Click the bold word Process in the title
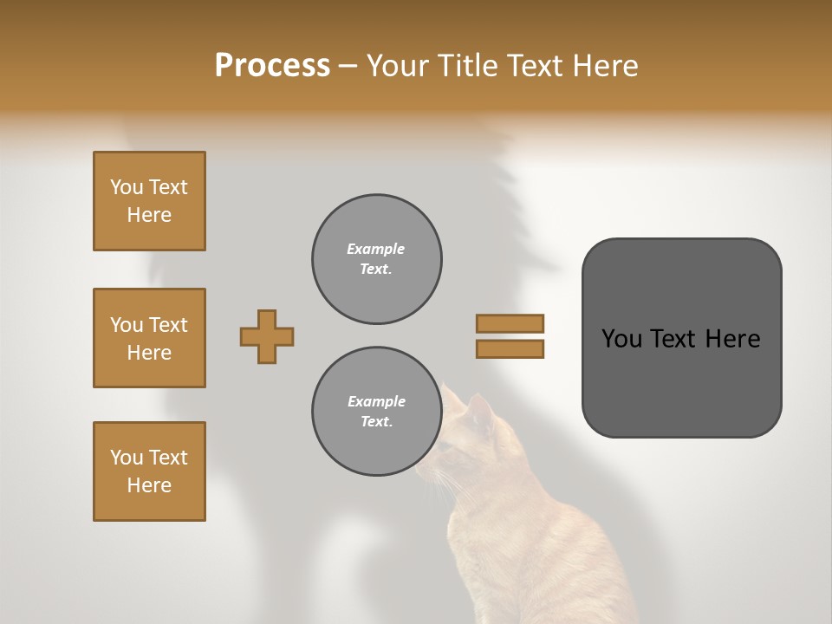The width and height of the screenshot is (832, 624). pos(272,66)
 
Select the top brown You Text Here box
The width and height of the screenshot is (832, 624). pos(149,201)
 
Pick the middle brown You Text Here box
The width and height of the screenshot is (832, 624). pos(149,338)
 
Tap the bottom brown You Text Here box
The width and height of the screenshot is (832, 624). pos(149,471)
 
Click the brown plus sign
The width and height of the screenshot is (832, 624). pos(267,336)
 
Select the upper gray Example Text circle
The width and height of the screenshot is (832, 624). pos(376,259)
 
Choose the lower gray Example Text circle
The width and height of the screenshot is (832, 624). pos(376,412)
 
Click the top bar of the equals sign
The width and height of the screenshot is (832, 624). pos(510,323)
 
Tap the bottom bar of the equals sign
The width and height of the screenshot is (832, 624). pos(510,348)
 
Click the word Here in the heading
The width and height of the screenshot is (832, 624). pos(606,66)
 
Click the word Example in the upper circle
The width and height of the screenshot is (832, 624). pos(376,249)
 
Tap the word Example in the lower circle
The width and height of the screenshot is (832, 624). pos(376,401)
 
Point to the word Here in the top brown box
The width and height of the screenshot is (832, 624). pos(149,215)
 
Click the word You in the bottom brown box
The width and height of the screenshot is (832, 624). pos(127,458)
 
